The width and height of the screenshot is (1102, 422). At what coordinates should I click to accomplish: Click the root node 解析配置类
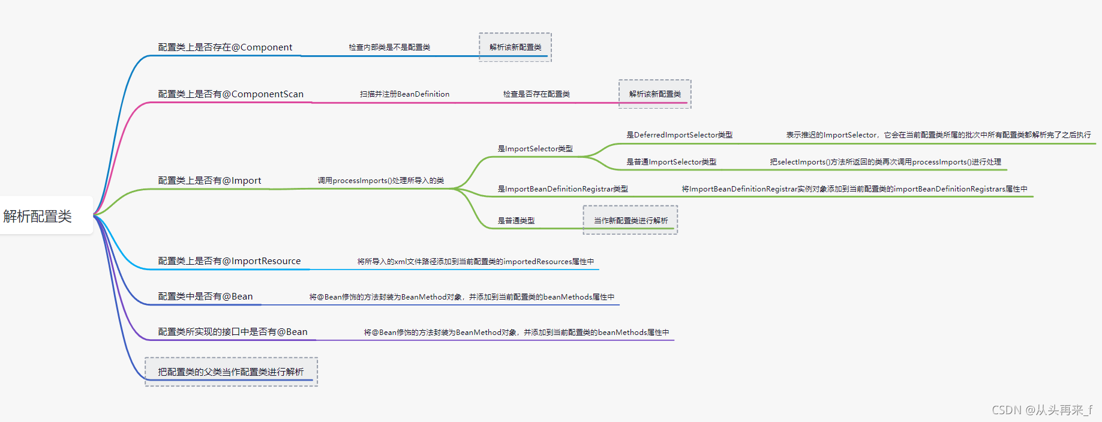[x=37, y=216]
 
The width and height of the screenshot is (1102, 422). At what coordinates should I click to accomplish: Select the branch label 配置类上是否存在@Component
[x=225, y=47]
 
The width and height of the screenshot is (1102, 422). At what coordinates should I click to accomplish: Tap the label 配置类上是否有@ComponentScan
[x=230, y=94]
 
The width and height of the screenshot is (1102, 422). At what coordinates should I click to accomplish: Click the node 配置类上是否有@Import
[x=209, y=181]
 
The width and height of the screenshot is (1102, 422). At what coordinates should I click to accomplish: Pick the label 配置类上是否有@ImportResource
[x=229, y=261]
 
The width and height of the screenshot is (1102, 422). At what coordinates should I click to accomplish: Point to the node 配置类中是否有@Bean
[x=205, y=297]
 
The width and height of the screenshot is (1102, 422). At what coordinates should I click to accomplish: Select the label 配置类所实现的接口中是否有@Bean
[x=233, y=332]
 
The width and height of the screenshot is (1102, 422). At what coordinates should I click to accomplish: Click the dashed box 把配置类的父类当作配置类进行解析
[x=231, y=372]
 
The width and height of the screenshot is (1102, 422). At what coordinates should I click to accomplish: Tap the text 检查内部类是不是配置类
[x=389, y=47]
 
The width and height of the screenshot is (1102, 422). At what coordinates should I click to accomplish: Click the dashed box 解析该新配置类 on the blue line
[x=515, y=47]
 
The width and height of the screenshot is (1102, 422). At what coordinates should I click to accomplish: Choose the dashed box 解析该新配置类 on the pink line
[x=655, y=94]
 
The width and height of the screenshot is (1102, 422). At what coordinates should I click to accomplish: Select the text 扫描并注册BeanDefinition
[x=404, y=94]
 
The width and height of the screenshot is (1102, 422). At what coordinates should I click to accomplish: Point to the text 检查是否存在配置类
[x=536, y=94]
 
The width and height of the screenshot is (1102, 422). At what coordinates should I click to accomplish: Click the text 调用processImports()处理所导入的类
[x=381, y=181]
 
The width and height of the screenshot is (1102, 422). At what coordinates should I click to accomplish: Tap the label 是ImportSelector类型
[x=535, y=149]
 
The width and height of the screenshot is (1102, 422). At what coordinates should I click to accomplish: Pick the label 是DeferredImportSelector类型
[x=680, y=135]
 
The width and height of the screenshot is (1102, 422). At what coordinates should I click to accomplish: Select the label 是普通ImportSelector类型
[x=671, y=162]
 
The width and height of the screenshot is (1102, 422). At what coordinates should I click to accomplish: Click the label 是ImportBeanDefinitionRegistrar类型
[x=563, y=189]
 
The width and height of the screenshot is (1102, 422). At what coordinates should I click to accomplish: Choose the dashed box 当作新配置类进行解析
[x=630, y=220]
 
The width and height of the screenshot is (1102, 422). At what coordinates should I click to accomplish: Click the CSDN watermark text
[x=1042, y=410]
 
